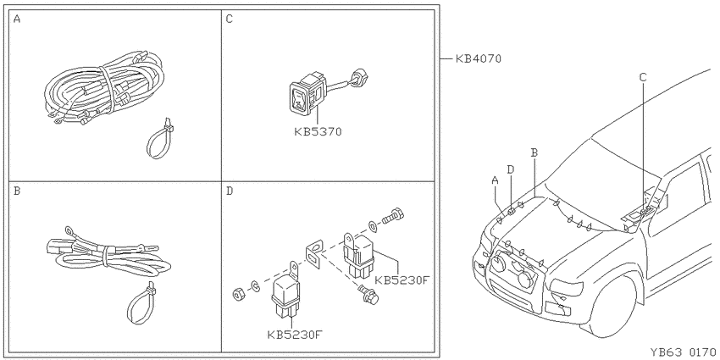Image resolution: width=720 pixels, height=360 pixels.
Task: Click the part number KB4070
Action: coord(478,58)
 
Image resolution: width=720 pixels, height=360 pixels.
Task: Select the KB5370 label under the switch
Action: coord(318,132)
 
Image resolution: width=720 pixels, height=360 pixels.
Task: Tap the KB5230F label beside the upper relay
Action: coord(402,280)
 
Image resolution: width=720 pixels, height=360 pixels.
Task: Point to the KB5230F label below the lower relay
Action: coord(294,335)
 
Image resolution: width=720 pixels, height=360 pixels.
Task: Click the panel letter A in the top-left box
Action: coord(17,19)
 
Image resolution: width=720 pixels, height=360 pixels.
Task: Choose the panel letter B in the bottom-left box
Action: coord(17,191)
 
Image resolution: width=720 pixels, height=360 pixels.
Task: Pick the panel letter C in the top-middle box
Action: coord(230,19)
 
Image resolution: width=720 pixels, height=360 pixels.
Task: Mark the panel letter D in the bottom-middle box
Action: coord(230,191)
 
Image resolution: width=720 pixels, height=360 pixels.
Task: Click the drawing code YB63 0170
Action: coord(683,352)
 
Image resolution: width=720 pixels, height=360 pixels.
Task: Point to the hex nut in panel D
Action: coord(238,294)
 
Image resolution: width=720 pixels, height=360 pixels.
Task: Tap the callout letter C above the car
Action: coord(643,77)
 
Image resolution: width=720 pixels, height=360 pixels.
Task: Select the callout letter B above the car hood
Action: coord(534,153)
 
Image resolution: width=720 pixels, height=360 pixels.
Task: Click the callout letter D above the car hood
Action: coord(511,169)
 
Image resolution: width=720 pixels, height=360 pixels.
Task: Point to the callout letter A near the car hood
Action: coord(495,180)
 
